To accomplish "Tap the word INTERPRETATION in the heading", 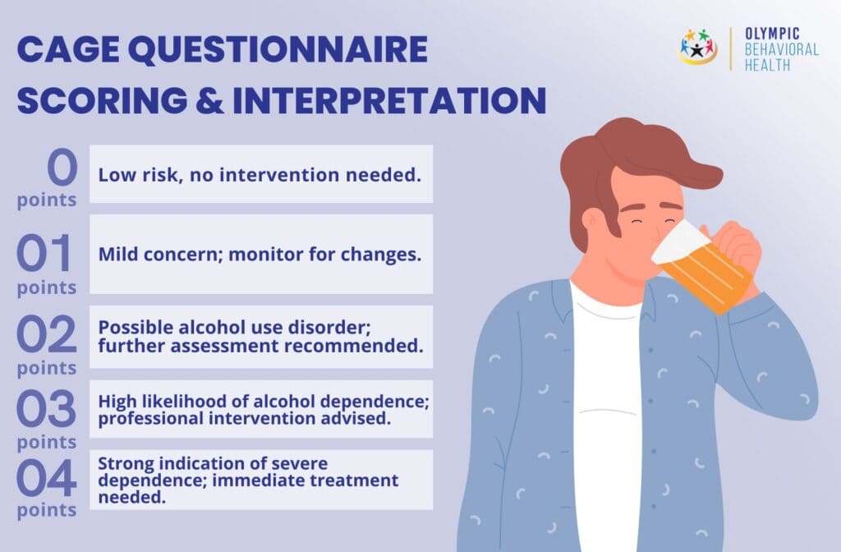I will [x=389, y=101].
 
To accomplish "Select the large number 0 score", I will [x=61, y=168].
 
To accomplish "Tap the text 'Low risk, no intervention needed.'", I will [x=261, y=174].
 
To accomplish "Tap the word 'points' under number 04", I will [x=47, y=510].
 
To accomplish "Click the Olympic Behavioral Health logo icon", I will [x=697, y=48].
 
